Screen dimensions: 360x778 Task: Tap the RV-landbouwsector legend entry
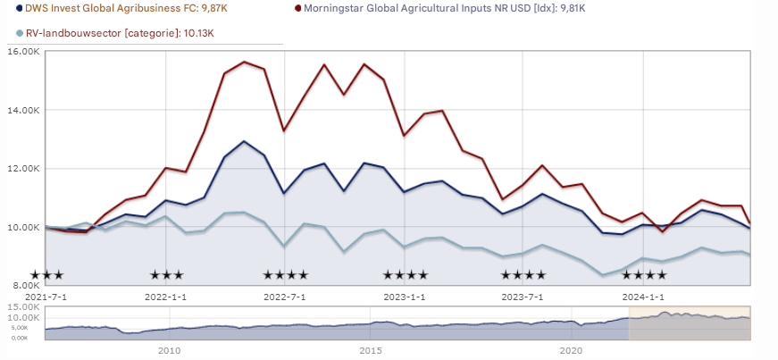click(121, 33)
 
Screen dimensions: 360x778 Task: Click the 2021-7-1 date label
click(46, 296)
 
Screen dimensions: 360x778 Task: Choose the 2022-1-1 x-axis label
click(165, 296)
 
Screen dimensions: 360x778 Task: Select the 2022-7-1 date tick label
click(285, 296)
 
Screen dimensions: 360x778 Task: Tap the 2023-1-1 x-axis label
click(404, 296)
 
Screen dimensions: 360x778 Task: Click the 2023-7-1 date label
click(523, 296)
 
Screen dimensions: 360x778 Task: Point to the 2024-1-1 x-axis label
click(642, 296)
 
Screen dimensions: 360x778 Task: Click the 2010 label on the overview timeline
click(170, 351)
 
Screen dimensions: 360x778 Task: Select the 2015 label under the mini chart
click(371, 351)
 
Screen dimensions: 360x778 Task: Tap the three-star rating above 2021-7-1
click(46, 275)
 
